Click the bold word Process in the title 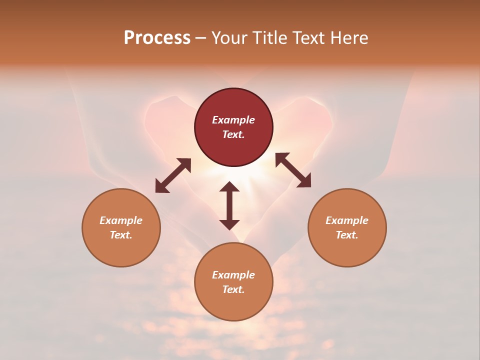pos(157,38)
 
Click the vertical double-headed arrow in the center pos(229,205)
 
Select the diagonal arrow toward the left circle pos(173,175)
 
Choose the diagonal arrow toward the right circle pos(293,170)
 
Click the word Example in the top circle pos(233,120)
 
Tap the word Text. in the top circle pos(233,134)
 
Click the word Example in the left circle pos(121,220)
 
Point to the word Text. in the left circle pos(121,235)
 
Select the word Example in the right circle pos(347,220)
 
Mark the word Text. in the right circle pos(347,235)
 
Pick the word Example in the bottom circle pos(233,275)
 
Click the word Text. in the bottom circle pos(233,289)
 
